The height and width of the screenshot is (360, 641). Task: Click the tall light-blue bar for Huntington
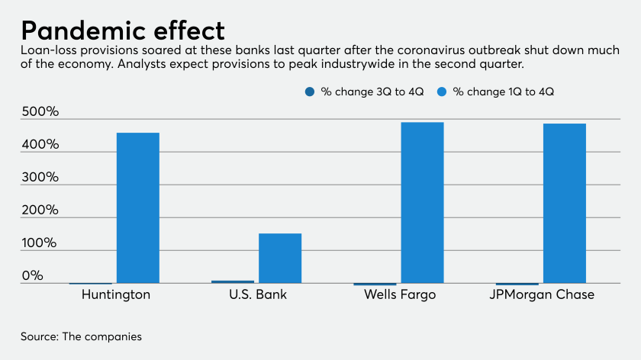(137, 207)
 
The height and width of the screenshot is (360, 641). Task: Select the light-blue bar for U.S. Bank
(280, 258)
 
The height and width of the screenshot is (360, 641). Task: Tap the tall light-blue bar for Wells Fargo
(422, 202)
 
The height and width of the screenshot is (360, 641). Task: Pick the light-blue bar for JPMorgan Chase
(565, 203)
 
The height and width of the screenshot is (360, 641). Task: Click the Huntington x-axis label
(115, 294)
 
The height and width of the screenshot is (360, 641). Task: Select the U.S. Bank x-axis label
(258, 294)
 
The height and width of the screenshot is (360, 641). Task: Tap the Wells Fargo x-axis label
(399, 294)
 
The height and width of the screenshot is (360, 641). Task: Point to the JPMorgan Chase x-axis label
(543, 294)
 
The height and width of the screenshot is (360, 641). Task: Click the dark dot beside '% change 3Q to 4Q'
(309, 92)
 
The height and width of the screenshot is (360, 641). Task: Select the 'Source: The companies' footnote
(81, 336)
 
